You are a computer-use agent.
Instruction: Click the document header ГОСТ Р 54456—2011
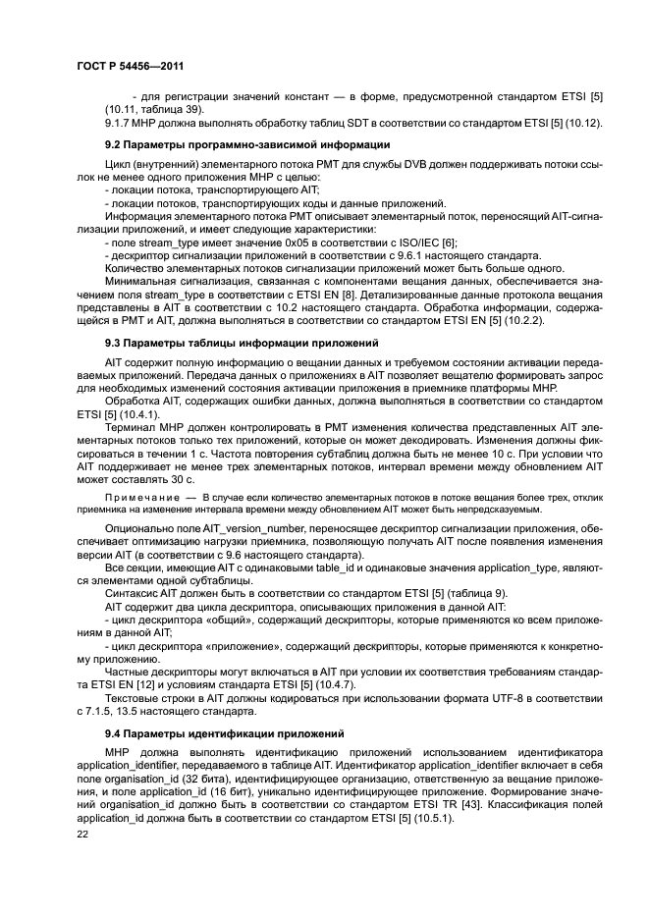[x=131, y=66]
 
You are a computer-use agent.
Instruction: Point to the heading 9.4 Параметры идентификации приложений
[x=211, y=734]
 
